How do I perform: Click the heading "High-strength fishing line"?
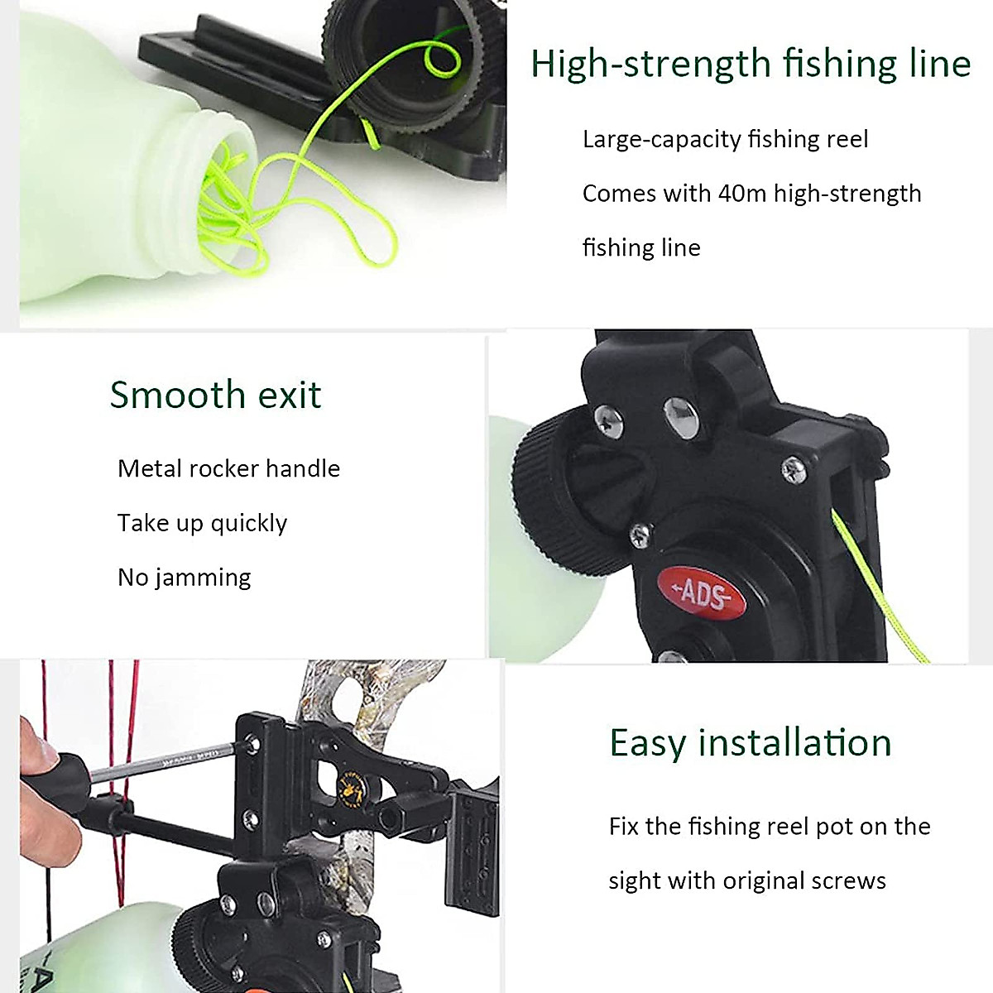[x=751, y=64]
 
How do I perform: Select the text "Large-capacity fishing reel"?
[x=725, y=139]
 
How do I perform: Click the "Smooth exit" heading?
[x=215, y=395]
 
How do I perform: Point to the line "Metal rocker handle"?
[x=228, y=468]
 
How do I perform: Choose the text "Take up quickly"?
[x=202, y=523]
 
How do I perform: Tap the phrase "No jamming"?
[x=184, y=577]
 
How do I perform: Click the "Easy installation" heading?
[x=751, y=742]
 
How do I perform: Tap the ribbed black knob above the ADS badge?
[x=563, y=496]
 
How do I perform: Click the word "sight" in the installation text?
[x=635, y=880]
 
